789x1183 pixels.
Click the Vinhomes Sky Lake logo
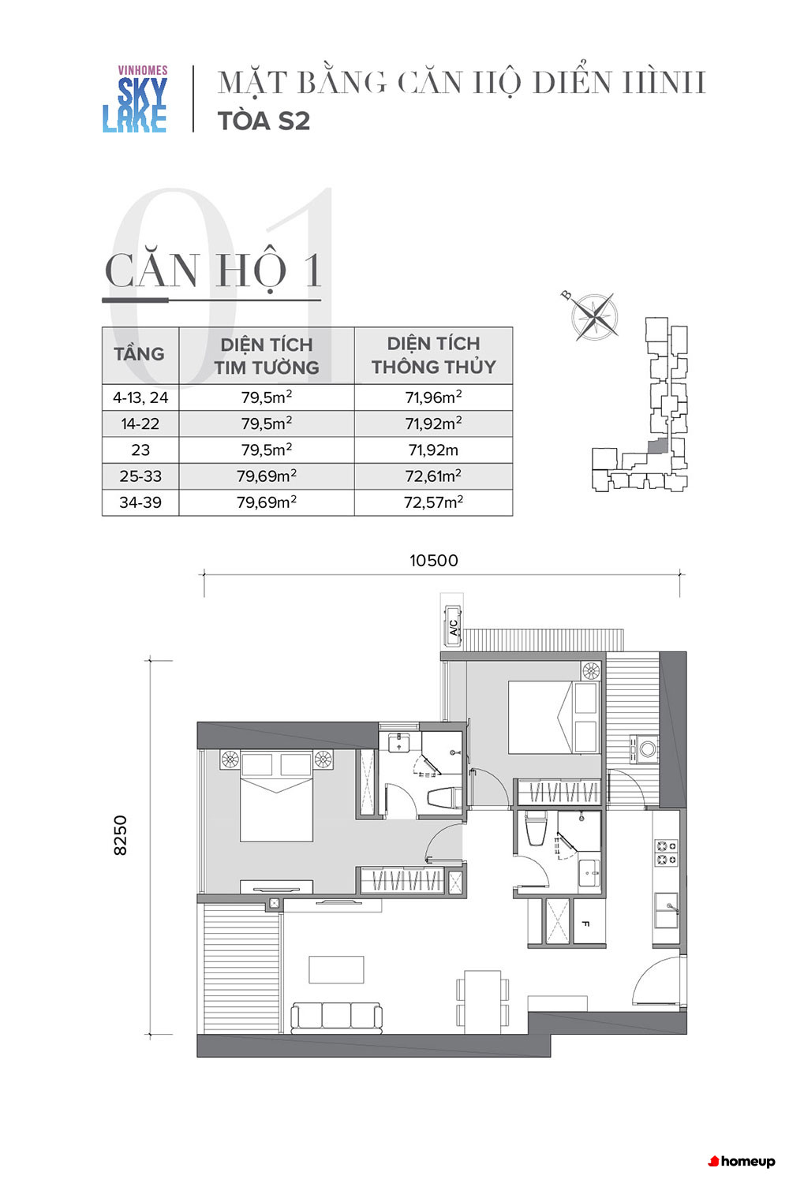tap(135, 99)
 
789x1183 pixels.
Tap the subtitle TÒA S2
tap(264, 121)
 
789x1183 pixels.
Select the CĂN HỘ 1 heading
tap(213, 271)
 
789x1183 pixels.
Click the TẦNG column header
tap(140, 353)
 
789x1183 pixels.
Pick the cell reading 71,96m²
tap(433, 397)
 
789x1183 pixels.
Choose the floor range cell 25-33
tap(140, 476)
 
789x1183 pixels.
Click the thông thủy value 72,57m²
tap(433, 502)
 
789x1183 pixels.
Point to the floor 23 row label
tap(140, 450)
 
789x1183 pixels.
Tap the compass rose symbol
tap(594, 317)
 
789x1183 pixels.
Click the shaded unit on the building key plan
tap(657, 446)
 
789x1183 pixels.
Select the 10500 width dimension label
tap(433, 560)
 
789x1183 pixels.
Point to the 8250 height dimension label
tap(121, 834)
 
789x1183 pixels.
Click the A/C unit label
tap(454, 627)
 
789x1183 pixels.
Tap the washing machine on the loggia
tap(644, 749)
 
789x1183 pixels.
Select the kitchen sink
tap(667, 910)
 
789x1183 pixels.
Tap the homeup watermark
tap(742, 1162)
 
